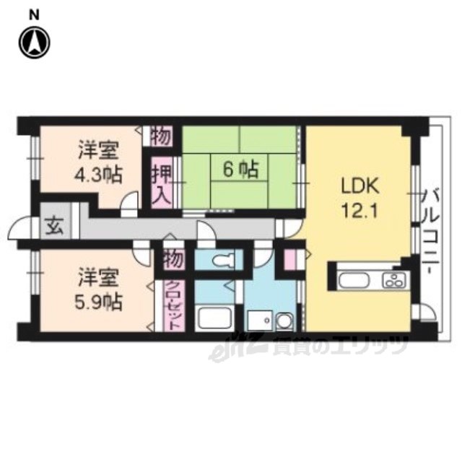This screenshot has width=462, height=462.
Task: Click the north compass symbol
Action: [x=35, y=43]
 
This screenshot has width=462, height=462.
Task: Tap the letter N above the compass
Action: [x=35, y=15]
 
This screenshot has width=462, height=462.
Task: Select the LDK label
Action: [x=359, y=186]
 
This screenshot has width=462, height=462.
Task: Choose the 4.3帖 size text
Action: [x=98, y=175]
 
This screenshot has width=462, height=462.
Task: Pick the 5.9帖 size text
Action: [x=98, y=302]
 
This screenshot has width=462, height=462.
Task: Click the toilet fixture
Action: [x=223, y=260]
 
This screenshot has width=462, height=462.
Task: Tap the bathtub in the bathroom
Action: [x=214, y=318]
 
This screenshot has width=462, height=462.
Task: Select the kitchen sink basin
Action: [x=354, y=280]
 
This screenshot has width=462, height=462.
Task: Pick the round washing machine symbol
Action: [x=284, y=321]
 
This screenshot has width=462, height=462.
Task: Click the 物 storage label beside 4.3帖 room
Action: [x=161, y=136]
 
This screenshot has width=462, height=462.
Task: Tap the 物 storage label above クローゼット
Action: [x=174, y=259]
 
